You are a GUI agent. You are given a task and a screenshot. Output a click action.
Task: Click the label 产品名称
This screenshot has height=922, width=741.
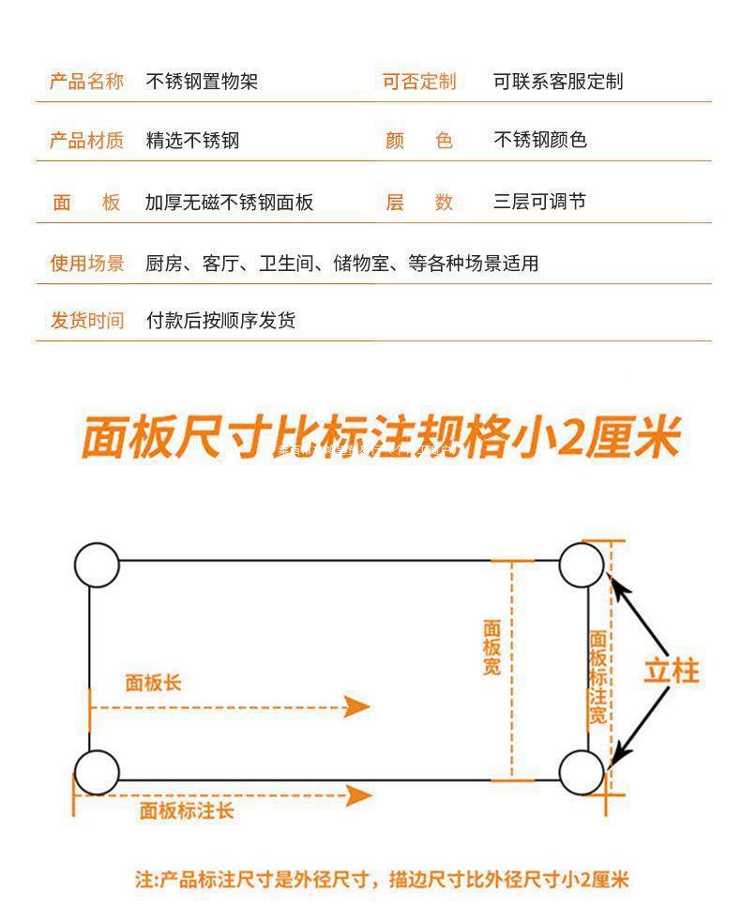pos(86,82)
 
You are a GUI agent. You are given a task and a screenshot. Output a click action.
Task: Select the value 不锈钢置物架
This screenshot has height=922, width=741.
pos(202,82)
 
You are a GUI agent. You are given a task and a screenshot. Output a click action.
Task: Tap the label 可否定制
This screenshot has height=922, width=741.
pos(418,82)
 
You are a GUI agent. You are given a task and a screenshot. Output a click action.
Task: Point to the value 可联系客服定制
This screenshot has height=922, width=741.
pos(558,82)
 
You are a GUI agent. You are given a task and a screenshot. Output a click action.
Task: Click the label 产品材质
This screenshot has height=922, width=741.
pos(86,141)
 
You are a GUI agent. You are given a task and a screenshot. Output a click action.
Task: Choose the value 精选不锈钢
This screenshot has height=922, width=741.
pos(192,141)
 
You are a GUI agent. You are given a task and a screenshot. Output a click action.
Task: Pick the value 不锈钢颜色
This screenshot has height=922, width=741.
pos(540,140)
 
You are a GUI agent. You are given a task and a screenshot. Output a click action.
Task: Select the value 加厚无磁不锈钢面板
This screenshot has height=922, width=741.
pos(229,202)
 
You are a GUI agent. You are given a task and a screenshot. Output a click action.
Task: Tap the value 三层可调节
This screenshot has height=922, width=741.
pos(539,202)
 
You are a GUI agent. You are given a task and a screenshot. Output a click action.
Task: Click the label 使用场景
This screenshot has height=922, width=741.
pos(86,264)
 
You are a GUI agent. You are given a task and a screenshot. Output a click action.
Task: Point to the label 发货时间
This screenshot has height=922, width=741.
pos(86,321)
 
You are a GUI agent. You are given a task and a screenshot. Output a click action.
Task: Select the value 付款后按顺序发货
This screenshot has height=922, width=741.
pos(220,321)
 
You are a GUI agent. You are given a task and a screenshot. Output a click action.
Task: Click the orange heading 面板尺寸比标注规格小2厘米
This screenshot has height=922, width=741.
pos(379,438)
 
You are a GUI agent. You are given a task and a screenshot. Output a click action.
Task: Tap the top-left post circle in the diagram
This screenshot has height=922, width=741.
pos(97,565)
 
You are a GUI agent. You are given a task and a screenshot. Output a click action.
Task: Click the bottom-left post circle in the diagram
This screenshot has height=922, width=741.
pos(97,772)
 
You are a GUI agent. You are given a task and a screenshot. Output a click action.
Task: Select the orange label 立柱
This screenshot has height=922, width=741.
pos(671,671)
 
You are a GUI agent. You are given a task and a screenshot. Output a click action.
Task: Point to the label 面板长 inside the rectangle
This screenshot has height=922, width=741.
pos(153,683)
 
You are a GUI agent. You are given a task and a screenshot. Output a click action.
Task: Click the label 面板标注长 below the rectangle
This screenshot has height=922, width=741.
pos(187,810)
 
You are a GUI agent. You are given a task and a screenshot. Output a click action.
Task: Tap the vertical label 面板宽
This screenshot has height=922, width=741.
pos(492,647)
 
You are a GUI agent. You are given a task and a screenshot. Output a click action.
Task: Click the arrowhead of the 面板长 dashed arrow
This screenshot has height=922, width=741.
pos(357,706)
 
